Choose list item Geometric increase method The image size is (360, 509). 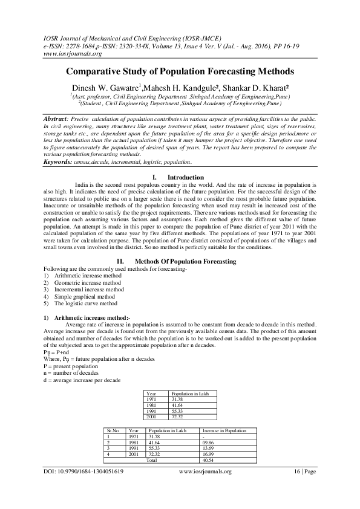coord(87,282)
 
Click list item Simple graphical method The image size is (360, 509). coord(84,297)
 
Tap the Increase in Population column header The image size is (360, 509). coord(224,431)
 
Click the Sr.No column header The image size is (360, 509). coord(111,431)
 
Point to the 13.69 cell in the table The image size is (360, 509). coord(208,448)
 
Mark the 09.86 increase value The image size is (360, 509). coord(208,443)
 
